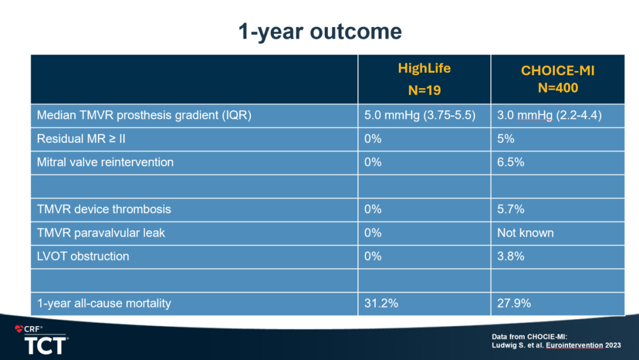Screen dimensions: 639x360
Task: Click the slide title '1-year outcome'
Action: click(320, 32)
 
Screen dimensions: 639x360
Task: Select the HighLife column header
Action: click(424, 68)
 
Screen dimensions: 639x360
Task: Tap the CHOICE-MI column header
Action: click(557, 70)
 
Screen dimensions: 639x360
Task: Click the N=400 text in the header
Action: click(558, 88)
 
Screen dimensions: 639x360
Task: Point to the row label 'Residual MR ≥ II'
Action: click(81, 139)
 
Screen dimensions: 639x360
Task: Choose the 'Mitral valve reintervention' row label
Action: click(105, 162)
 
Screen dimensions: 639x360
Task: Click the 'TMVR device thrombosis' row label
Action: click(104, 209)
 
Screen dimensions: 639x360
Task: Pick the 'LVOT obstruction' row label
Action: click(83, 256)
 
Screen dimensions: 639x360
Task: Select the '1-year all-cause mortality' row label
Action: click(104, 303)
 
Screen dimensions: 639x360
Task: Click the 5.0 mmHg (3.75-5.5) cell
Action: click(419, 115)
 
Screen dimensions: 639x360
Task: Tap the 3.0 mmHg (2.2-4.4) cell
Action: click(549, 115)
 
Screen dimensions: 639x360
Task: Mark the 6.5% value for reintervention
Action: click(511, 162)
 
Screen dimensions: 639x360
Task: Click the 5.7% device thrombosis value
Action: click(511, 209)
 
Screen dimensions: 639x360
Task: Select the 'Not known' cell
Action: click(525, 233)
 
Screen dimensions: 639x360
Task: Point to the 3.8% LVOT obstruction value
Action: click(511, 256)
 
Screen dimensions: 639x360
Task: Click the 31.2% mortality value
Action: click(381, 303)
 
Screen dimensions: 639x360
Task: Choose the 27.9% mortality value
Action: click(514, 303)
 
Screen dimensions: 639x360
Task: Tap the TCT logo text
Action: click(46, 346)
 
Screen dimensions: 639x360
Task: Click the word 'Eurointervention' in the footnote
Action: click(574, 345)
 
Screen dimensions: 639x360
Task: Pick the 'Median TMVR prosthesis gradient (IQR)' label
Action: click(144, 115)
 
